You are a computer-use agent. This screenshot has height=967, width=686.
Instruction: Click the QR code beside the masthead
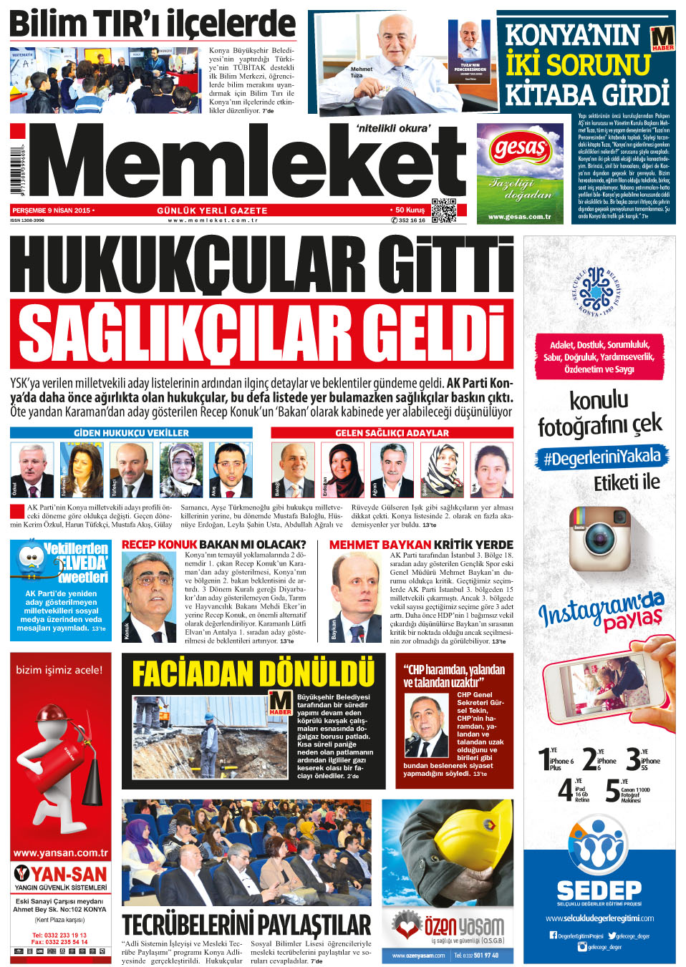(443, 210)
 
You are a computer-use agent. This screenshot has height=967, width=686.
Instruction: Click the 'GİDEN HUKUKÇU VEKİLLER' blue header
(131, 433)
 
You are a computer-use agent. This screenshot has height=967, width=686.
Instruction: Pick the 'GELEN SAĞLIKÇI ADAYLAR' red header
(392, 433)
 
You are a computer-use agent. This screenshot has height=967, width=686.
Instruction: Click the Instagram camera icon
(599, 539)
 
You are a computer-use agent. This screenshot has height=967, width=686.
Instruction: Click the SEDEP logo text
(599, 890)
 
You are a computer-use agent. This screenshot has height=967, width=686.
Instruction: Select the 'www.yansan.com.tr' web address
(61, 852)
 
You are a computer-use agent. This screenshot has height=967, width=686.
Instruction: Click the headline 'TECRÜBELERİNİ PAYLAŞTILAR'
(246, 924)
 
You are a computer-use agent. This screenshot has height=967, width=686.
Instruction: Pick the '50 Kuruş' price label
(410, 210)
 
